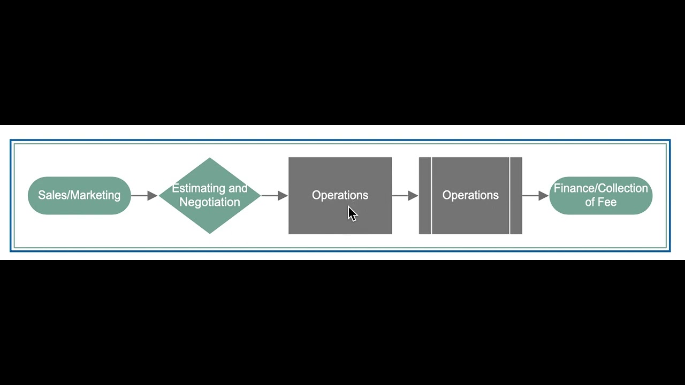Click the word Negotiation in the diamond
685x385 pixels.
tap(210, 202)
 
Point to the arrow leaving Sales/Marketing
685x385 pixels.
tap(144, 196)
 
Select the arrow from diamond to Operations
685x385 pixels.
tap(275, 196)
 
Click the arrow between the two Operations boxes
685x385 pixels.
tap(405, 196)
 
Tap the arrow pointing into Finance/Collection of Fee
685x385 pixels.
tap(536, 196)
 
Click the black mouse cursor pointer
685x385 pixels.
tap(352, 213)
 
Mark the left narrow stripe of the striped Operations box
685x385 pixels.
tap(425, 196)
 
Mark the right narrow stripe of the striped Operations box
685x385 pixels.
tap(516, 196)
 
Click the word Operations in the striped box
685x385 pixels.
tap(470, 195)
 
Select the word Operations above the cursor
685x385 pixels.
tap(340, 195)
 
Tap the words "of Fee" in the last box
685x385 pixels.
tap(600, 202)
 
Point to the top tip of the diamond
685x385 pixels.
tap(210, 159)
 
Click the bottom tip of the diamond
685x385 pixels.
tap(210, 232)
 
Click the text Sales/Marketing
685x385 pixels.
tap(79, 195)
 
